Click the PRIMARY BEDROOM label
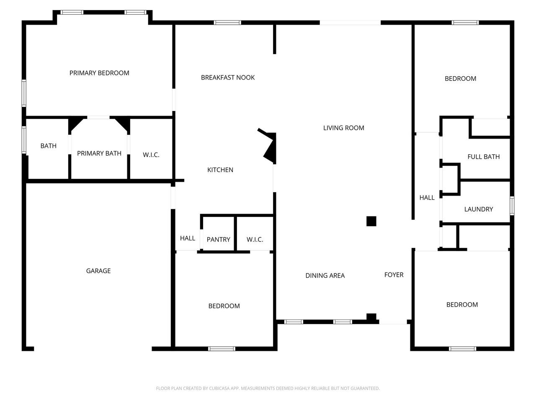(x=99, y=73)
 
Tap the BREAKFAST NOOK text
(x=227, y=77)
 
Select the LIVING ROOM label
(x=343, y=128)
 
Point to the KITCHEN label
(x=220, y=170)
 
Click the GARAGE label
(x=98, y=271)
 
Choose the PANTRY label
(x=218, y=240)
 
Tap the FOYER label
(x=394, y=275)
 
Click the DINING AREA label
(x=325, y=276)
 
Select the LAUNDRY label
(x=478, y=209)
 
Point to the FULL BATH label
(x=484, y=157)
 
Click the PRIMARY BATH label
(x=99, y=153)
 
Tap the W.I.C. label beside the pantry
(x=255, y=240)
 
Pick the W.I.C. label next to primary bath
(x=151, y=155)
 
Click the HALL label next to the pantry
(x=187, y=238)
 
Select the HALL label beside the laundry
(x=427, y=198)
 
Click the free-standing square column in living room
(x=371, y=221)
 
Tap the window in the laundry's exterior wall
(x=512, y=206)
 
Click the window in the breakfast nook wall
(x=227, y=23)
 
